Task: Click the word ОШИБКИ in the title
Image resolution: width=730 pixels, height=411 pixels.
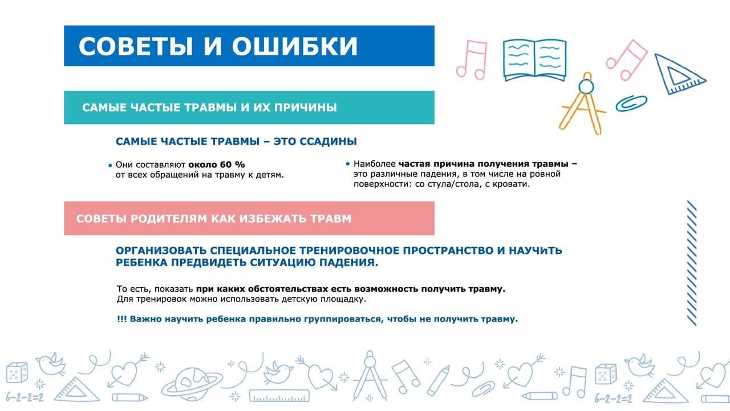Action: point(295,46)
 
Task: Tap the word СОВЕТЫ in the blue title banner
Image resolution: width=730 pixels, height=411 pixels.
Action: point(136,46)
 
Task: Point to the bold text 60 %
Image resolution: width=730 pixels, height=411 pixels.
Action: point(233,164)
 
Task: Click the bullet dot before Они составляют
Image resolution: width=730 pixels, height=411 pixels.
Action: point(110,166)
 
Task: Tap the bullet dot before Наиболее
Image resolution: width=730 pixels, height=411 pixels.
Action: point(348,164)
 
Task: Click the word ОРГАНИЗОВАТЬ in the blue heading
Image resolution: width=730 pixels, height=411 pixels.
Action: point(161,251)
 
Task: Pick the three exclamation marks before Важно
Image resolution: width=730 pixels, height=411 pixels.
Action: point(121,319)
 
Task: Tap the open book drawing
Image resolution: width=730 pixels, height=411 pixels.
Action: point(534,60)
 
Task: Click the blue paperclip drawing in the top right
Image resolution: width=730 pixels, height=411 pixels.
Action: point(631,103)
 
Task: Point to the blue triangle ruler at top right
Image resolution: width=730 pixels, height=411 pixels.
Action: point(679,75)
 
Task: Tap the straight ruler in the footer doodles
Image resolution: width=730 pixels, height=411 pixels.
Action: point(279,396)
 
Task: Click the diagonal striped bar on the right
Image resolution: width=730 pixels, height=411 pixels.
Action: point(692,263)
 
